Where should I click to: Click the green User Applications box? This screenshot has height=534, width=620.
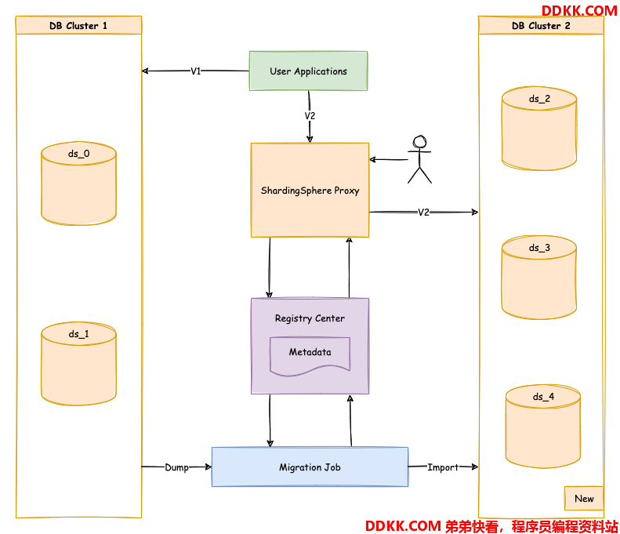coord(308,71)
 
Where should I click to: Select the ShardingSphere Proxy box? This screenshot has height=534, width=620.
coord(310,191)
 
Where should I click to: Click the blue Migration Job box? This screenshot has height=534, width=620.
coord(310,467)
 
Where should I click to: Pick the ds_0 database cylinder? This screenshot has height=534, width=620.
coord(78,183)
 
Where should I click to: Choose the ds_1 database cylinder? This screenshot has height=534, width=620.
coord(78,364)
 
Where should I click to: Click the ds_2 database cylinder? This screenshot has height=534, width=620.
coord(539,129)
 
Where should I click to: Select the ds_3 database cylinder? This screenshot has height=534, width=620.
coord(539,278)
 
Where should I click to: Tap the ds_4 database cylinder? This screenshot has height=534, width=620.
coord(543,427)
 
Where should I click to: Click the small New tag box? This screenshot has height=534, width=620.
coord(584,499)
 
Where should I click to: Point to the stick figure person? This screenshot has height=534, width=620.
coord(419,159)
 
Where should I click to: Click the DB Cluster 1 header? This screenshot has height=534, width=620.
coord(78,25)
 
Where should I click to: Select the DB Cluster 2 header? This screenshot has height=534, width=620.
coord(541,25)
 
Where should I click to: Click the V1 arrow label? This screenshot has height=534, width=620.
coord(196,71)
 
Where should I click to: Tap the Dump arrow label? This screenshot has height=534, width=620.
coord(176,467)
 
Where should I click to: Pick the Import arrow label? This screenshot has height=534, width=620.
coord(443,467)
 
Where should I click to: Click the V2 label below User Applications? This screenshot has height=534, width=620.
coord(310,116)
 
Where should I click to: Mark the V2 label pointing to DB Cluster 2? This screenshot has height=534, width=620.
coord(423,213)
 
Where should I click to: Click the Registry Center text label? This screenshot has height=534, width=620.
coord(310,318)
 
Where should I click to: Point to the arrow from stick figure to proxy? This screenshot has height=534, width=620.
coord(389,159)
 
